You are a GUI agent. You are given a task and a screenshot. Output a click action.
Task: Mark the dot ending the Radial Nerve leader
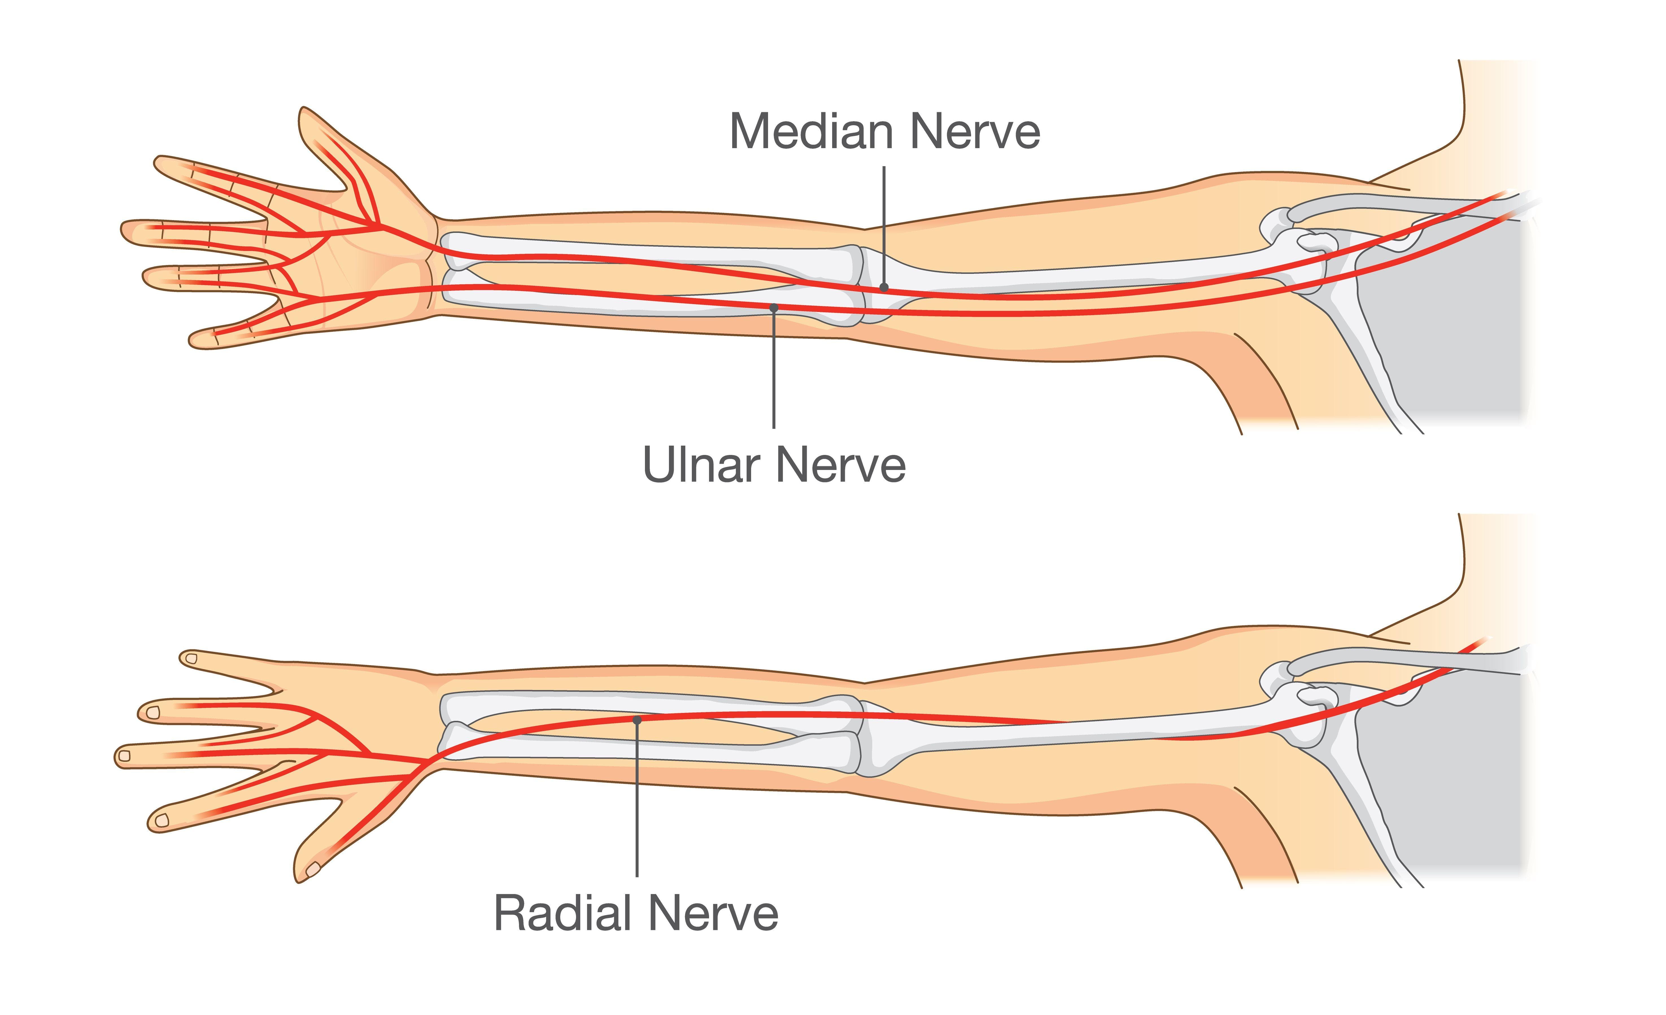pos(637,720)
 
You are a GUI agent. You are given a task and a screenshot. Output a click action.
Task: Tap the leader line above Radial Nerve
pos(637,798)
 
